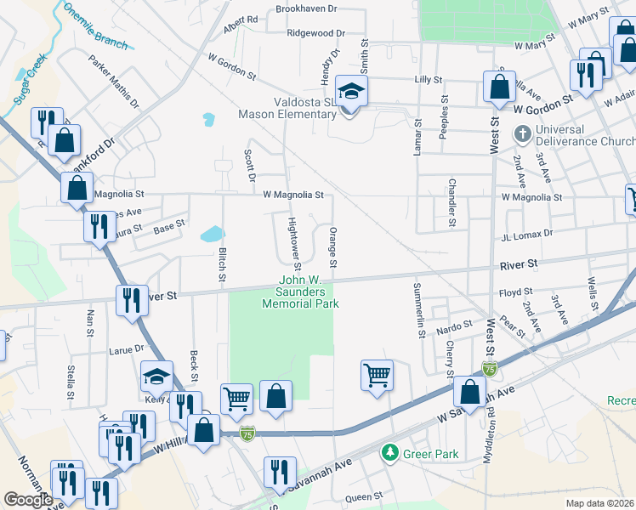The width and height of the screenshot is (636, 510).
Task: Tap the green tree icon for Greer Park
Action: pyautogui.click(x=390, y=453)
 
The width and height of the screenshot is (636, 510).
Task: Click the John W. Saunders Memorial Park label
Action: pyautogui.click(x=309, y=292)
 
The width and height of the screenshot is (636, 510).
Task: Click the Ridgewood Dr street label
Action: pyautogui.click(x=316, y=33)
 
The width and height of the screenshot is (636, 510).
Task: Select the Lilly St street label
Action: pyautogui.click(x=428, y=79)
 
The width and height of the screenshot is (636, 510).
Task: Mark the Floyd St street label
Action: pyautogui.click(x=515, y=292)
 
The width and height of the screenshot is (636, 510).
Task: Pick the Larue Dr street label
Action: pyautogui.click(x=127, y=348)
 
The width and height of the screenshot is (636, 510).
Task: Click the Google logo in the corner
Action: pyautogui.click(x=28, y=500)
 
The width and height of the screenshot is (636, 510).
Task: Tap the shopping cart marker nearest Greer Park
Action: pyautogui.click(x=377, y=374)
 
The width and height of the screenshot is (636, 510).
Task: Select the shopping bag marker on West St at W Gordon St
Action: pyautogui.click(x=499, y=86)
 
